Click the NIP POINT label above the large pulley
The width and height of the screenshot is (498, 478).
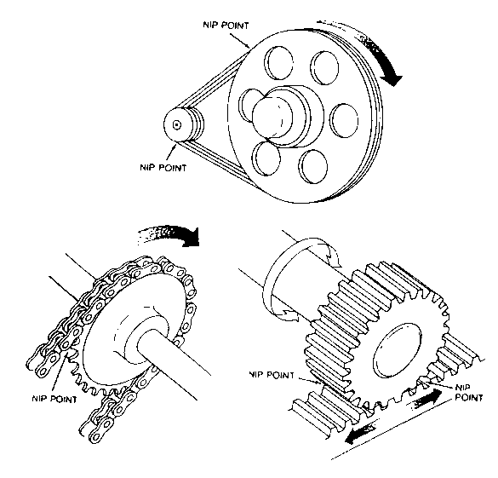pos(226,25)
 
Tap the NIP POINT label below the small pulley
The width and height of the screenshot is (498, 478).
pos(163,167)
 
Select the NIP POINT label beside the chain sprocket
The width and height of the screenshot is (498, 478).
pos(54,399)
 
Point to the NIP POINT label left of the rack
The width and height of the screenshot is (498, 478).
pos(272,375)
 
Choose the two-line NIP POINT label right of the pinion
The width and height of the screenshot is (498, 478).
pos(469,393)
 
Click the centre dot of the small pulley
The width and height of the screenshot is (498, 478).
pos(176,124)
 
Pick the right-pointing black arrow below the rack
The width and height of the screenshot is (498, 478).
pos(427,399)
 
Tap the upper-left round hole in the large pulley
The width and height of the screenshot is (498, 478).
pos(279,63)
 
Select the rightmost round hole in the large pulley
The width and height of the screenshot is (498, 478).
pos(344,120)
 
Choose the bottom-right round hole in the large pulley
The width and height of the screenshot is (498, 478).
pos(313,166)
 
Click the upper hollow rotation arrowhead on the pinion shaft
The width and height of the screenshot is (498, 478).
pos(334,256)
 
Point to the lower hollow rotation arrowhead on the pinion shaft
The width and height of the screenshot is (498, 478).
pos(288,315)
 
